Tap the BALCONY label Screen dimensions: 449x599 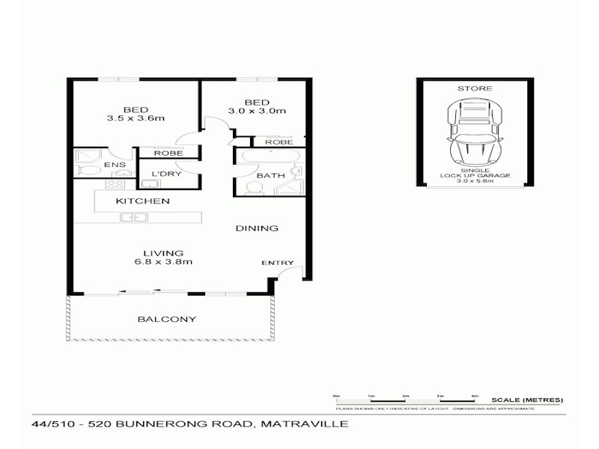click(166, 320)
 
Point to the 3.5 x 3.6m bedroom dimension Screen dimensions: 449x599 click(136, 118)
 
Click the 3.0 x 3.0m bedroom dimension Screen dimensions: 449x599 click(257, 112)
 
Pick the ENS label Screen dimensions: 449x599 click(115, 164)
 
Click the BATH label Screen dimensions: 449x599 click(270, 177)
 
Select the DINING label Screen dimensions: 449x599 click(257, 228)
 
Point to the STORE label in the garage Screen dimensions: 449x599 click(475, 89)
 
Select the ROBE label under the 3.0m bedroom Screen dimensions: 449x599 click(278, 141)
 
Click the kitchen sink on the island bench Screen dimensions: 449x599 click(132, 218)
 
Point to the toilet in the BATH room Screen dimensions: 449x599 click(252, 186)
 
